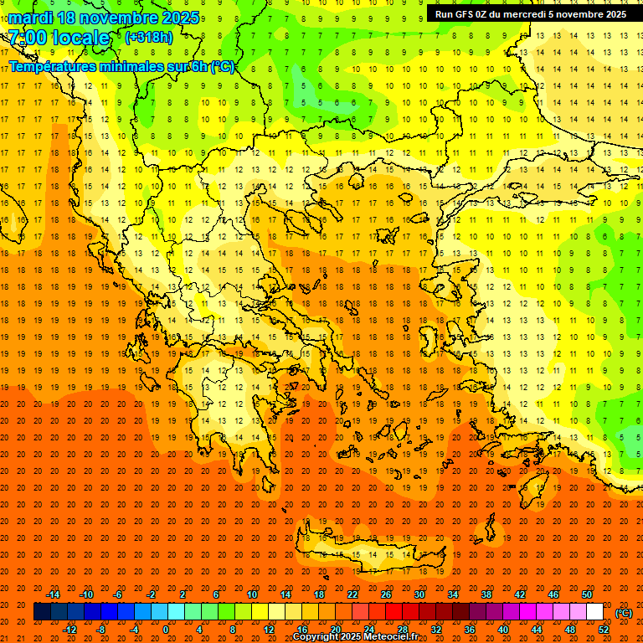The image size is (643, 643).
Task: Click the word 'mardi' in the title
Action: tap(29, 18)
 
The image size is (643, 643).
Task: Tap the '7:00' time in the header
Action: tap(28, 38)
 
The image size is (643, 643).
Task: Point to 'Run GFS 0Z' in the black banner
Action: tap(464, 14)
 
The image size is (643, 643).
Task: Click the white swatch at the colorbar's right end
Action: tap(594, 612)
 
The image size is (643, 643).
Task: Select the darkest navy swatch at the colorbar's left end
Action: tap(42, 612)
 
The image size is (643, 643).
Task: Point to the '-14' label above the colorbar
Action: tap(53, 594)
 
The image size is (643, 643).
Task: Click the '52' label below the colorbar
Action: tap(604, 630)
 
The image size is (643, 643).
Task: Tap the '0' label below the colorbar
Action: tap(166, 630)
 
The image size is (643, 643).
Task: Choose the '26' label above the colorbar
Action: tap(386, 594)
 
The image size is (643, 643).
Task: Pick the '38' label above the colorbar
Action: tap(486, 594)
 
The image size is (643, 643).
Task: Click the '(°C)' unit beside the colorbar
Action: tap(624, 613)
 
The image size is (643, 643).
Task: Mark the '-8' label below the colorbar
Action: tap(100, 630)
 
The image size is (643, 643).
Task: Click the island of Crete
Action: tap(368, 553)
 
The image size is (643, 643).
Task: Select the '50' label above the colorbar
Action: tap(587, 594)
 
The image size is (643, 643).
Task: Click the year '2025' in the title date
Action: tap(180, 18)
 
